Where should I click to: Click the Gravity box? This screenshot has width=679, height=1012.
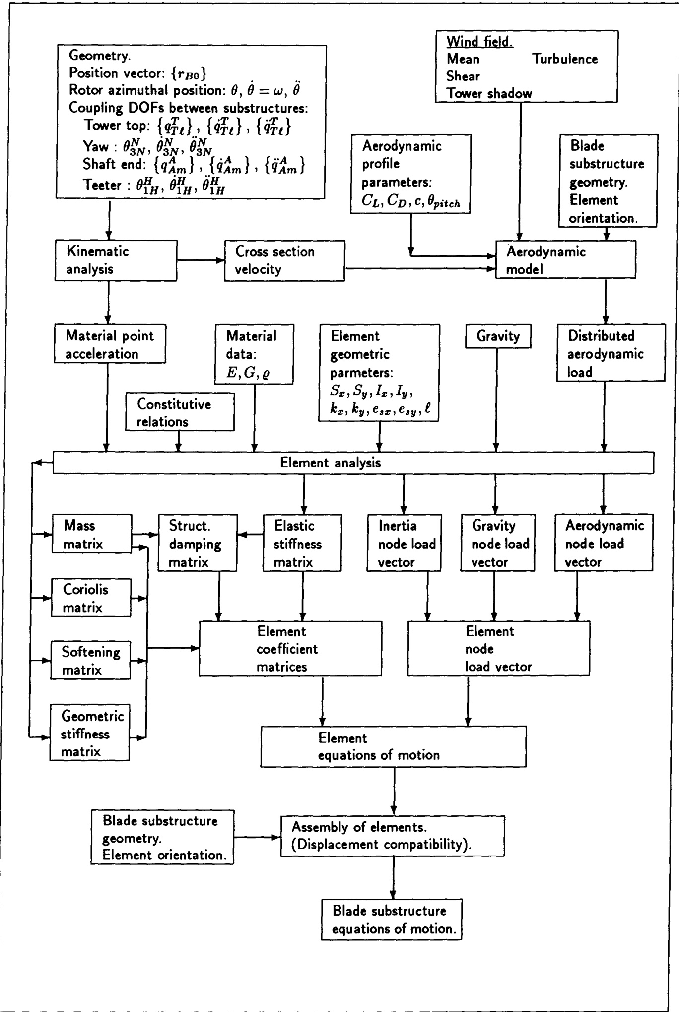pos(498,336)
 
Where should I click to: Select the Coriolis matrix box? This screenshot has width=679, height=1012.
pos(91,598)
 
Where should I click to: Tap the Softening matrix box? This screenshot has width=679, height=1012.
pos(90,660)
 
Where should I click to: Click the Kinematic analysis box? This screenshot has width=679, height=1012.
pos(116,260)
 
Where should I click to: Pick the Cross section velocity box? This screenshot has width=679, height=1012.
pos(284,261)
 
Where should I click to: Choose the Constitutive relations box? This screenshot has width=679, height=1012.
pos(179,412)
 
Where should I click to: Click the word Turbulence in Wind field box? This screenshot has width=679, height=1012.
pos(565,59)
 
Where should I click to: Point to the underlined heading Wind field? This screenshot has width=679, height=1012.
pos(479,42)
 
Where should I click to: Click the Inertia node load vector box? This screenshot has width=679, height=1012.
pos(404,544)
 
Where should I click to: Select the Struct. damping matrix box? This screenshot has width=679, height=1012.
pos(198,544)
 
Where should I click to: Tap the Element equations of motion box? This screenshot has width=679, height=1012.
pos(393,746)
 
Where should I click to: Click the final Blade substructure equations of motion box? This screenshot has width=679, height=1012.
pos(392,919)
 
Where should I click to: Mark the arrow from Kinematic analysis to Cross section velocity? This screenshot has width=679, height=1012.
pos(201,260)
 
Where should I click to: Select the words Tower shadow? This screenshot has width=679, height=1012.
pos(489,93)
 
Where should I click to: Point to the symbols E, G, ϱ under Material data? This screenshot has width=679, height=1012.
pos(248,373)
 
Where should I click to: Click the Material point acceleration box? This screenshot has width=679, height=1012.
pos(110,344)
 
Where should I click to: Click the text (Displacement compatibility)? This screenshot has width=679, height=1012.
pos(381,844)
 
